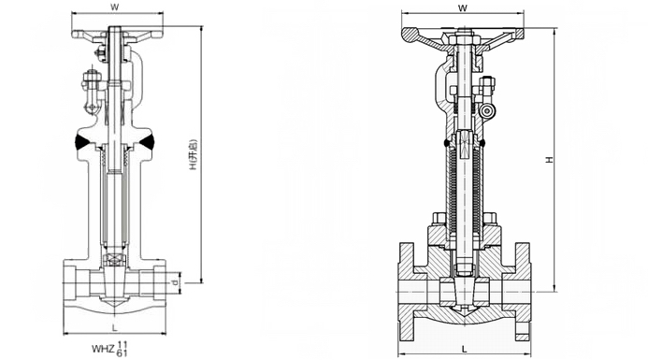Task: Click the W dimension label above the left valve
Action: pyautogui.click(x=115, y=7)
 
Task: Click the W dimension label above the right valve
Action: pyautogui.click(x=463, y=7)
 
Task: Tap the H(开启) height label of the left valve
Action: pyautogui.click(x=193, y=155)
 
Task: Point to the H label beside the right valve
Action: pyautogui.click(x=549, y=160)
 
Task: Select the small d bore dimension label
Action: pyautogui.click(x=175, y=282)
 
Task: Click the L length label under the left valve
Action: pyautogui.click(x=115, y=328)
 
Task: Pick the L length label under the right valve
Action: pyautogui.click(x=464, y=350)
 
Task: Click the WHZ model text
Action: pyautogui.click(x=103, y=349)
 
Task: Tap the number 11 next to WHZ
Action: pyautogui.click(x=122, y=345)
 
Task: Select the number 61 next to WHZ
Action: pyautogui.click(x=122, y=353)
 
